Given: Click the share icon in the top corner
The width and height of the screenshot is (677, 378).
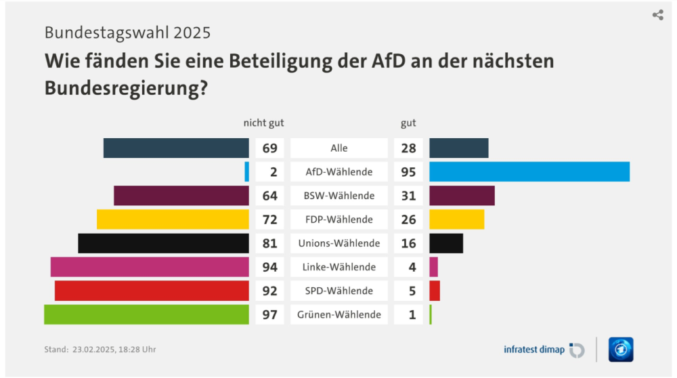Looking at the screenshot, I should click(x=657, y=15).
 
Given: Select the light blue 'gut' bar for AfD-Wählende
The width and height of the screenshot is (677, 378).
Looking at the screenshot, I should click(x=529, y=172).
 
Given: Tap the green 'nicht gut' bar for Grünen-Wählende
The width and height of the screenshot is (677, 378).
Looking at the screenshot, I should click(x=146, y=314).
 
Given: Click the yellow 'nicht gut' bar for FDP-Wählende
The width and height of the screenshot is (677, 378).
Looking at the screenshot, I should click(x=173, y=219).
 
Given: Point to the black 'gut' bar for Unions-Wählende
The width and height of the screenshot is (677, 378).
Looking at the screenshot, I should click(x=446, y=243).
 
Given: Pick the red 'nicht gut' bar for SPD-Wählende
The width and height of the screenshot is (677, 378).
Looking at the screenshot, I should click(x=152, y=291).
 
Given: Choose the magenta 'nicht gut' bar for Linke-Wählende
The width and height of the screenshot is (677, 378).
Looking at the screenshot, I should click(x=150, y=267).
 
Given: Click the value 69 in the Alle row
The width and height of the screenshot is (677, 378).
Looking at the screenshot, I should click(x=269, y=148).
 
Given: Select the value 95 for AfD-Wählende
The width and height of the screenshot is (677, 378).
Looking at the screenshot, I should click(x=408, y=172).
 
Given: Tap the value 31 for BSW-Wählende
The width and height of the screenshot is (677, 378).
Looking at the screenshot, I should click(x=408, y=196).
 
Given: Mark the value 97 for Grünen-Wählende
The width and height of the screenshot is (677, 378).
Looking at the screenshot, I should click(x=269, y=314).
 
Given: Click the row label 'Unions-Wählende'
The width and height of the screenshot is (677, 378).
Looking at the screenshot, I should click(x=339, y=243).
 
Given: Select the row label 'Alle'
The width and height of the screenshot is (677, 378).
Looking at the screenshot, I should click(x=339, y=148).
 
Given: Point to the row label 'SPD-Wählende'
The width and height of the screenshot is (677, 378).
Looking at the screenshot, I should click(x=339, y=291).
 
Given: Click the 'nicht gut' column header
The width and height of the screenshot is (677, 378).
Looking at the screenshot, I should click(x=263, y=123).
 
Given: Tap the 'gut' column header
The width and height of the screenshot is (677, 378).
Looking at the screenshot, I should click(x=408, y=123).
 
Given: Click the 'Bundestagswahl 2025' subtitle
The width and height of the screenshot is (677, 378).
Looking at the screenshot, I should click(x=127, y=33).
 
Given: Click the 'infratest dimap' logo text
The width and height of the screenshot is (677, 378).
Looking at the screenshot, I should click(x=534, y=350).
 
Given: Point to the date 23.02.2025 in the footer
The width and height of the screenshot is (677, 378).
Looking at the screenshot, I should click(x=95, y=350).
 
